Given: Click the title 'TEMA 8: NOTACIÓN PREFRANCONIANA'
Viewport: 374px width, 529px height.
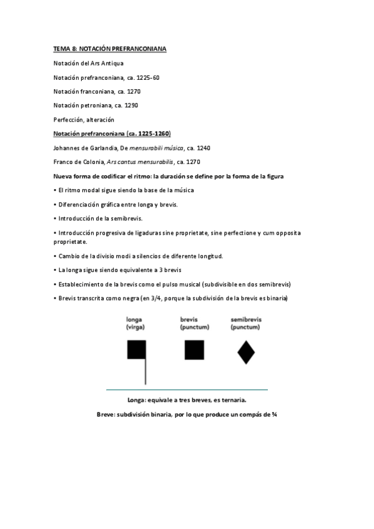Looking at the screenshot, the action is [x=109, y=49].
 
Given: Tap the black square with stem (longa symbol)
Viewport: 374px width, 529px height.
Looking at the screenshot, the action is [x=136, y=350].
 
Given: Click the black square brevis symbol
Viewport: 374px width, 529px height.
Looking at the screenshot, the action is [x=194, y=350].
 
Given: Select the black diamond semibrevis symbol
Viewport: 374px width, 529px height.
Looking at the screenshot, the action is [x=246, y=352].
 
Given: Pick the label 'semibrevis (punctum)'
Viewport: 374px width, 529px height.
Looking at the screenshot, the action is [x=246, y=323].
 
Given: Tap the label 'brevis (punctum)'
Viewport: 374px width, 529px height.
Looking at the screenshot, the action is [x=194, y=323].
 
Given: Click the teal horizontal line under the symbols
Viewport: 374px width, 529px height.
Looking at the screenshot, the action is [x=187, y=389].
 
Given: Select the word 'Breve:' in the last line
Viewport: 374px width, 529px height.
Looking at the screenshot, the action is [x=109, y=414].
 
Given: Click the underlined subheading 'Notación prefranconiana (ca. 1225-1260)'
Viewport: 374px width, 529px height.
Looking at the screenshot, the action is [x=112, y=133].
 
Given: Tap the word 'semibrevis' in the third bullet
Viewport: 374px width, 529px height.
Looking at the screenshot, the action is [x=127, y=218].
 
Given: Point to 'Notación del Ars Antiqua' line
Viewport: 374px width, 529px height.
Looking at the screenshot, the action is [x=89, y=63].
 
